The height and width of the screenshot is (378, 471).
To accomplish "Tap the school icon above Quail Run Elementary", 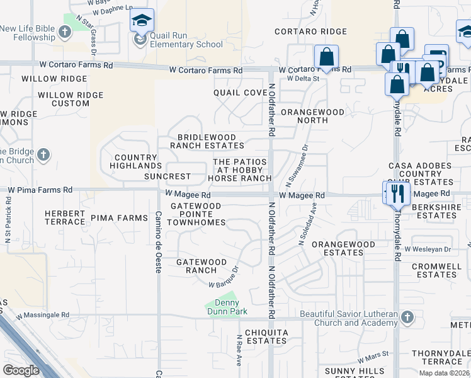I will (142, 21).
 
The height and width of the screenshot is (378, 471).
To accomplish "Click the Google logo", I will (21, 370).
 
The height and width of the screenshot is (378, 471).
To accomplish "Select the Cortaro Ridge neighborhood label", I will (310, 31).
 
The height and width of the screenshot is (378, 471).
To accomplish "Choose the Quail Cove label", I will (240, 93).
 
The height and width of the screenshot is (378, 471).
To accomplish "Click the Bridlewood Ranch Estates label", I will (207, 141).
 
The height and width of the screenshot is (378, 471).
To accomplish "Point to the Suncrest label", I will (167, 176).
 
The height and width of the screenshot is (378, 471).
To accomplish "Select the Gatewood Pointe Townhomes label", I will (199, 214).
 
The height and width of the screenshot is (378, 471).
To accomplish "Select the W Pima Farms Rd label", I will (39, 189).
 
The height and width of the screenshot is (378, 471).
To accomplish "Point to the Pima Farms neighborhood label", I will (119, 218).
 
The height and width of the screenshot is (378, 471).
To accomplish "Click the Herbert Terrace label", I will (65, 217).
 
